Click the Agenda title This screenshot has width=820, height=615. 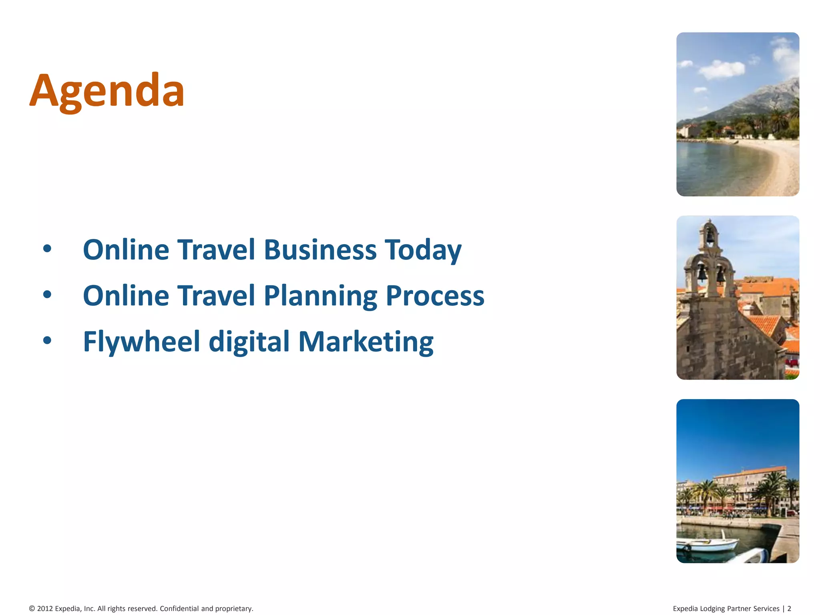tap(107, 90)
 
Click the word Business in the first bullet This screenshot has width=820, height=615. tap(320, 250)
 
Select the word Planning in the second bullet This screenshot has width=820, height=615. tap(320, 296)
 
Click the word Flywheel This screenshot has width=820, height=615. tap(141, 342)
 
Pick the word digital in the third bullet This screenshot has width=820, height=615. tap(249, 342)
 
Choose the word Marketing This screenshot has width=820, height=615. tap(366, 342)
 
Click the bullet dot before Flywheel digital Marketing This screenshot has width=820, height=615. tap(47, 340)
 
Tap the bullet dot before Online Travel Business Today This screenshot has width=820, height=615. tap(47, 249)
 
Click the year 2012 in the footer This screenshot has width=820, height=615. tap(45, 609)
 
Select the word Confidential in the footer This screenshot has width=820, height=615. tap(179, 609)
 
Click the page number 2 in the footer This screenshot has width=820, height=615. tap(789, 609)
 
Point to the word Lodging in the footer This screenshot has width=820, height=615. tap(712, 609)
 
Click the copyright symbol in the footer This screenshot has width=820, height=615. tap(32, 609)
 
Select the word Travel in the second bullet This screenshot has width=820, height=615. tap(216, 296)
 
